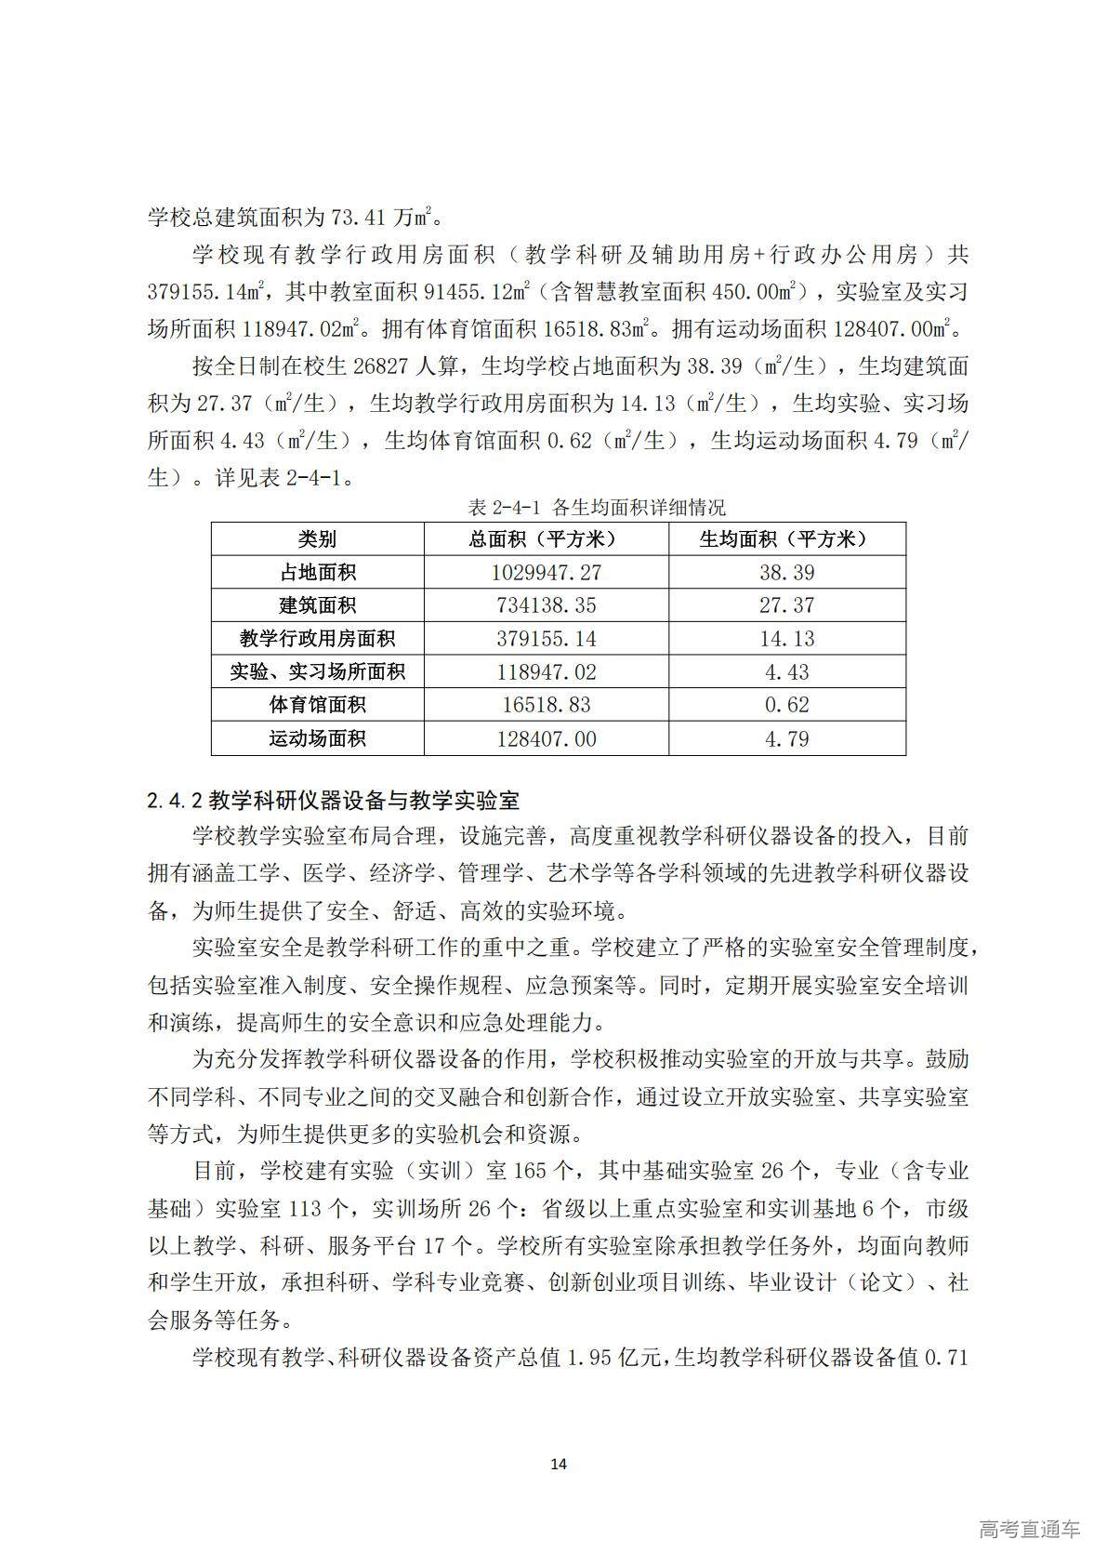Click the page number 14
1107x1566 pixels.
558,1464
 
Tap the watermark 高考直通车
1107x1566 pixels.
1029,1529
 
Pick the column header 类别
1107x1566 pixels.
317,539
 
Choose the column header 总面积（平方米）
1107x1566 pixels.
546,539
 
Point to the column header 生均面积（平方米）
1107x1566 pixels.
786,539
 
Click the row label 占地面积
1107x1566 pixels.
317,573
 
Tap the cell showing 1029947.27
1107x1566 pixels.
546,573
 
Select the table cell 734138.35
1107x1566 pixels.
546,605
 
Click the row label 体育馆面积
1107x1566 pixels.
317,705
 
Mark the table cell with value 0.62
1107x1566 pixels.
786,705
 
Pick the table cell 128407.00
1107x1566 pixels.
546,739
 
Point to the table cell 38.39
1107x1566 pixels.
786,573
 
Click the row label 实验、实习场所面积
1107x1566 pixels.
317,671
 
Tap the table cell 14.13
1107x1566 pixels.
786,639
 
